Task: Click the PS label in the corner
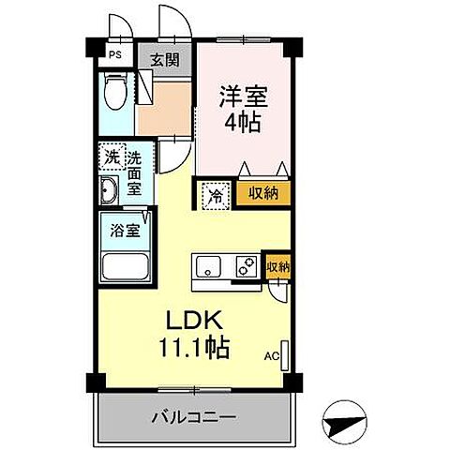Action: (113, 54)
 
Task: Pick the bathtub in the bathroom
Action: (125, 267)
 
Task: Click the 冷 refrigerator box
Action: (215, 195)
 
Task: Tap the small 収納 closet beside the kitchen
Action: (278, 266)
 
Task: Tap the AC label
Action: (271, 357)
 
